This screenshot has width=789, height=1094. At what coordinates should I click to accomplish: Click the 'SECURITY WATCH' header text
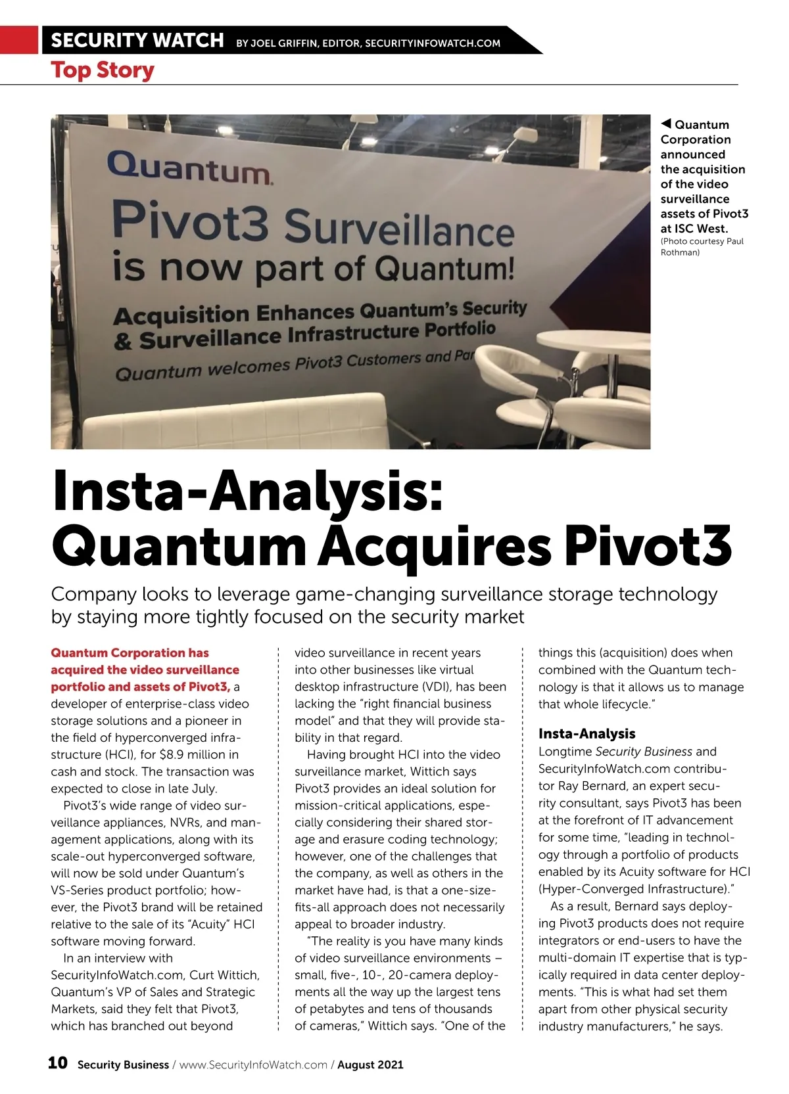tap(137, 40)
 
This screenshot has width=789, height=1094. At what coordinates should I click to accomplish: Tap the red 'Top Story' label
tap(103, 70)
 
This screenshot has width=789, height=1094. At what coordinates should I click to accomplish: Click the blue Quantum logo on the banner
tap(188, 168)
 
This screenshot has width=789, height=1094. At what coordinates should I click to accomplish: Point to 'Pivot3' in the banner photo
tap(191, 222)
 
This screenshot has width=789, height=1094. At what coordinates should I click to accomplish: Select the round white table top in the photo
tap(593, 341)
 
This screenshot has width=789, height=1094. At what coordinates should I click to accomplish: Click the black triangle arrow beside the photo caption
tap(666, 124)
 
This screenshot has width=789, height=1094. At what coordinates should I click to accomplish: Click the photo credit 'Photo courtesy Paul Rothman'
tap(702, 246)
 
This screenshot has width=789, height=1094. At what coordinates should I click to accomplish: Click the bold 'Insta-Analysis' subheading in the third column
tap(586, 733)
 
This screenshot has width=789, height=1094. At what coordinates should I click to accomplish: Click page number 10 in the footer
tap(57, 1062)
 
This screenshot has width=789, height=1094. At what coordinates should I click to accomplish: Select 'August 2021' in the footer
tap(370, 1064)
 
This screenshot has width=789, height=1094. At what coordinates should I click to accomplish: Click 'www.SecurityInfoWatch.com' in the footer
tap(253, 1064)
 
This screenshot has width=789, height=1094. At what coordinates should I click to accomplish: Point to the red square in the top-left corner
tap(19, 39)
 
